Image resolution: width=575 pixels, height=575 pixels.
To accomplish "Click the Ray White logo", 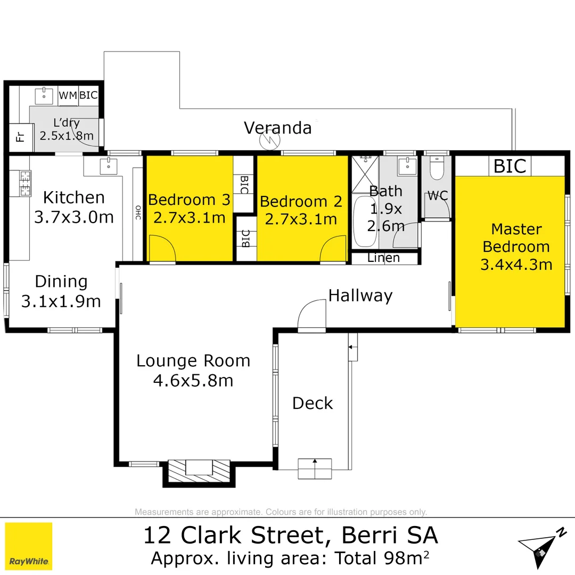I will [29, 546].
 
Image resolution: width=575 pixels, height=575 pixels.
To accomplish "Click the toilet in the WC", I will [436, 168].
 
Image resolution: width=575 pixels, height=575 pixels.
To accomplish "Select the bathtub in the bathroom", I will [365, 221].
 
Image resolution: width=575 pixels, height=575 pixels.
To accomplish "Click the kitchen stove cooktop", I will [24, 183].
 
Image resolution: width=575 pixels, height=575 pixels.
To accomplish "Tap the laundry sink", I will [44, 96].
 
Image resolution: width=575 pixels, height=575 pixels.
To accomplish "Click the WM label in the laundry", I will [68, 95].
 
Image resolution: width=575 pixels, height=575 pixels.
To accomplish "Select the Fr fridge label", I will [20, 138].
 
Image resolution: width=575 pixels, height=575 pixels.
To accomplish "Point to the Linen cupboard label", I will [384, 258].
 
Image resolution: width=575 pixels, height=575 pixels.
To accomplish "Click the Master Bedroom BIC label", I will [510, 166].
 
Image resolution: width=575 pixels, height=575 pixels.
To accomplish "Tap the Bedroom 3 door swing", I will [162, 249].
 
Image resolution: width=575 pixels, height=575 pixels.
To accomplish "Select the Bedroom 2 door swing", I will [333, 249].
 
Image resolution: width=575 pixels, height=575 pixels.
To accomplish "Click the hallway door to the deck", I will [312, 316].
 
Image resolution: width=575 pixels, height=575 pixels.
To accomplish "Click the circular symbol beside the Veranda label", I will [269, 141].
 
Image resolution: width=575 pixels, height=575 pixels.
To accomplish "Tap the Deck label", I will [313, 403].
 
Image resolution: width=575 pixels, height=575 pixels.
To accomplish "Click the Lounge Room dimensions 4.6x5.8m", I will [193, 381].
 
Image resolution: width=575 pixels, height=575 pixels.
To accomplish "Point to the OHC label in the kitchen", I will [137, 212].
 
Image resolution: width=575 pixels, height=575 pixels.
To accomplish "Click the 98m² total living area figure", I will [399, 558].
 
